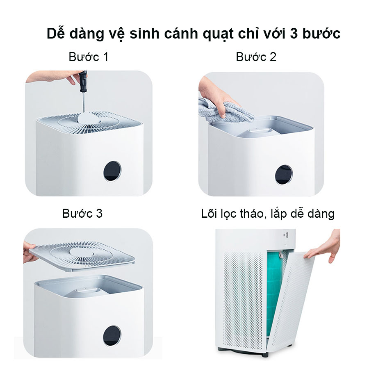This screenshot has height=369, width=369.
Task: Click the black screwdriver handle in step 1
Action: (83, 81)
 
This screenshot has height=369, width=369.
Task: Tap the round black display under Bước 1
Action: (112, 171)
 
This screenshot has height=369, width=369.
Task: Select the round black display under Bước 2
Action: (284, 175)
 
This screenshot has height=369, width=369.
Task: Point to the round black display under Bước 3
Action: (112, 336)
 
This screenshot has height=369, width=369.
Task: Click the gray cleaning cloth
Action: (226, 111)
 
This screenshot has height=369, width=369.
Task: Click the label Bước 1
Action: (89, 57)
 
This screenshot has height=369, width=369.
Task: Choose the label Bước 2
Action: (256, 57)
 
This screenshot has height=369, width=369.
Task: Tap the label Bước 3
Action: (82, 214)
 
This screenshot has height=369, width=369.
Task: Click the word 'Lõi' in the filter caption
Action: (209, 214)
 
